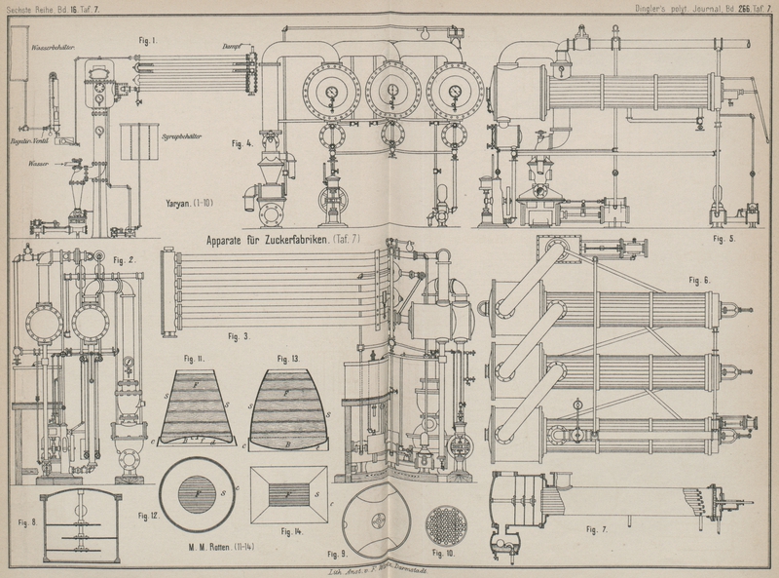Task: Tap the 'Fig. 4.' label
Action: click(242, 143)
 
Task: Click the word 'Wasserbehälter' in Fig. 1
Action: click(55, 46)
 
